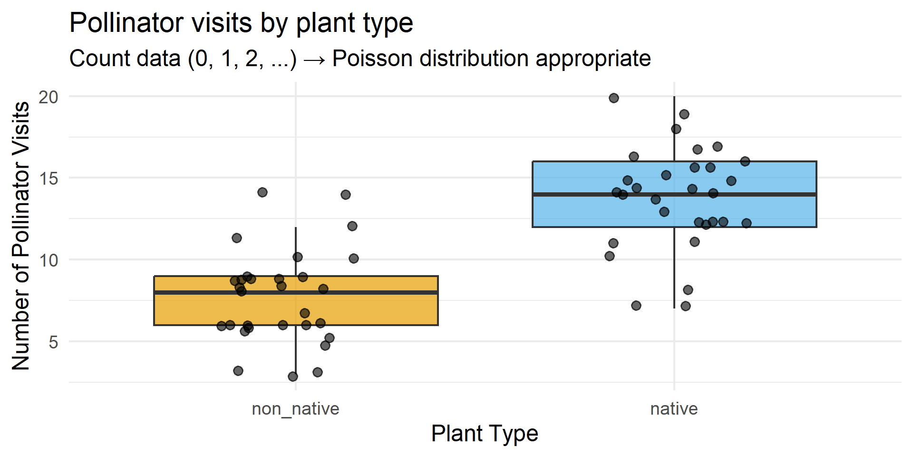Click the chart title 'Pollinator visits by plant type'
[241, 23]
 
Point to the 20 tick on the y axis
[49, 97]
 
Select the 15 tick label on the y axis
[49, 179]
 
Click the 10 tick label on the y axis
[49, 260]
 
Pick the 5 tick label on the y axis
[53, 342]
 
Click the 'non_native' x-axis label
[295, 409]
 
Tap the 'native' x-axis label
[674, 409]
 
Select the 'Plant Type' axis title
[485, 434]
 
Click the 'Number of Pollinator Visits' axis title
[21, 236]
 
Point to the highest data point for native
[614, 98]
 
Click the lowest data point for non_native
[293, 377]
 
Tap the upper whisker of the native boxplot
[674, 129]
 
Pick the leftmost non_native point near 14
[262, 192]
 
